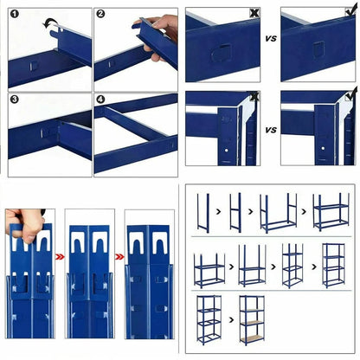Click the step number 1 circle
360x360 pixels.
tap(15, 14)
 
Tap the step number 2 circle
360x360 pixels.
tap(100, 14)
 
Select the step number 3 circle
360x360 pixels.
tap(15, 99)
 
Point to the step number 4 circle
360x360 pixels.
tap(100, 99)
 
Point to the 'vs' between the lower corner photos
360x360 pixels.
tap(271, 130)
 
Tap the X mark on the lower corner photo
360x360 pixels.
tap(254, 98)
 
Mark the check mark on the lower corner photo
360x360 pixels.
tap(349, 98)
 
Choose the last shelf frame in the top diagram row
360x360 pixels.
tap(331, 211)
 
